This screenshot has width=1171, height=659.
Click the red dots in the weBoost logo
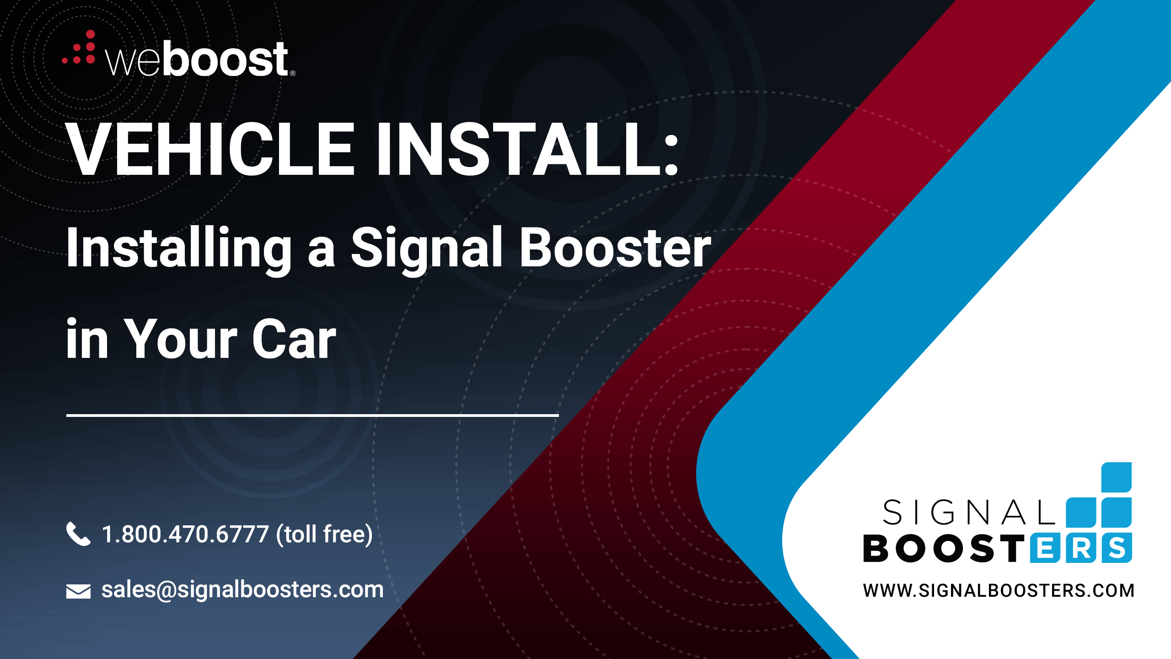point(79,48)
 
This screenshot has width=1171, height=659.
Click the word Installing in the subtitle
point(179,249)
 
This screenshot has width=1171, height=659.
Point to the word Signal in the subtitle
point(427,249)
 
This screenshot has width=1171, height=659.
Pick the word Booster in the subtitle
point(615,248)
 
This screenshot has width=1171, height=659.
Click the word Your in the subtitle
point(181,339)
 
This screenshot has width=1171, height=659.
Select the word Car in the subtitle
point(294,339)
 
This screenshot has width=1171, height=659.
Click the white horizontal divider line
point(312,415)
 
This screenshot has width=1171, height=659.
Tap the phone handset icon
point(78,534)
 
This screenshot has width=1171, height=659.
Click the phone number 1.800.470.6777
point(185,534)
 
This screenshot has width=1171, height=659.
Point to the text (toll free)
point(324,535)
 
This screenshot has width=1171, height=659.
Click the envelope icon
point(78,591)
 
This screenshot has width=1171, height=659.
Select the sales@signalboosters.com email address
point(242,590)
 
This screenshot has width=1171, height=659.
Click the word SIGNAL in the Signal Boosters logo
point(969,512)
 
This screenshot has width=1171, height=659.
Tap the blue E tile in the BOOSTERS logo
point(1045,548)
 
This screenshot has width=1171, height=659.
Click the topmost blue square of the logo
point(1117,477)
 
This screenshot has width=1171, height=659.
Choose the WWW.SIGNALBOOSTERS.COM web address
point(999,590)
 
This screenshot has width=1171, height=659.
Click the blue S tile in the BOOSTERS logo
point(1117,548)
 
